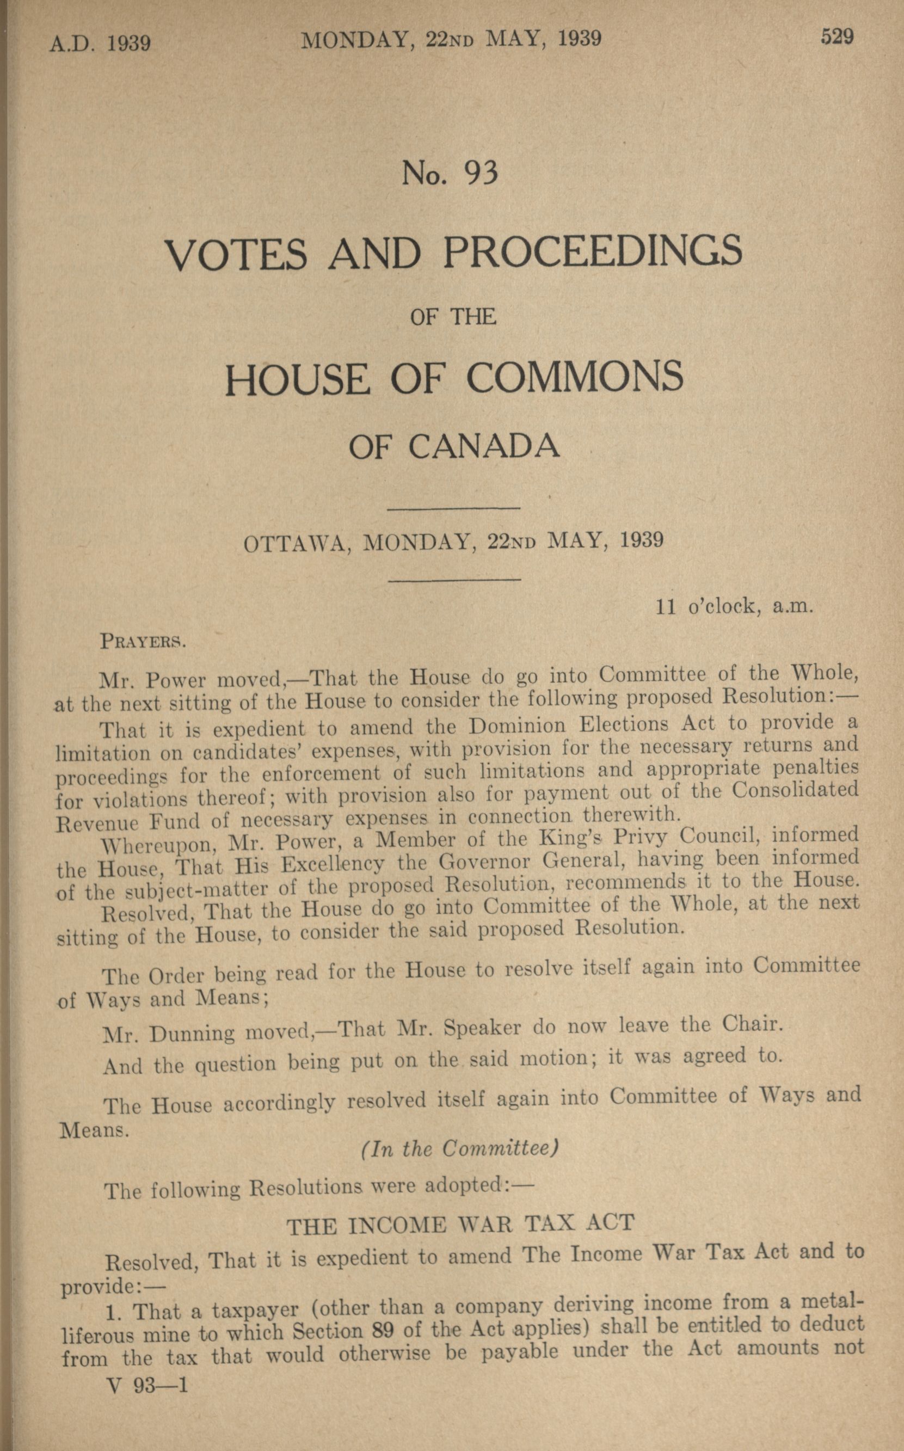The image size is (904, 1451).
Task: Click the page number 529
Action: (x=837, y=37)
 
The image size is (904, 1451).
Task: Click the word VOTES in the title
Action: (x=236, y=254)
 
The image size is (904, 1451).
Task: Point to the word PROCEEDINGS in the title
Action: (x=592, y=251)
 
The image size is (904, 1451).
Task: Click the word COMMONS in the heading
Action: (x=574, y=378)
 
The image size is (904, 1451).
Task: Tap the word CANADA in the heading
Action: (x=485, y=446)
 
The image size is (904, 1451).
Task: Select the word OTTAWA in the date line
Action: (x=296, y=544)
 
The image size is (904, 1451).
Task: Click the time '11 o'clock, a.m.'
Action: (x=735, y=607)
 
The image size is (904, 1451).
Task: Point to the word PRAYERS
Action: (x=144, y=641)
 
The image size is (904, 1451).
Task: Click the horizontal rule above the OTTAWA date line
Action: (x=454, y=509)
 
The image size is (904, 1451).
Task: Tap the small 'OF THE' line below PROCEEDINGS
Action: (x=453, y=316)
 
